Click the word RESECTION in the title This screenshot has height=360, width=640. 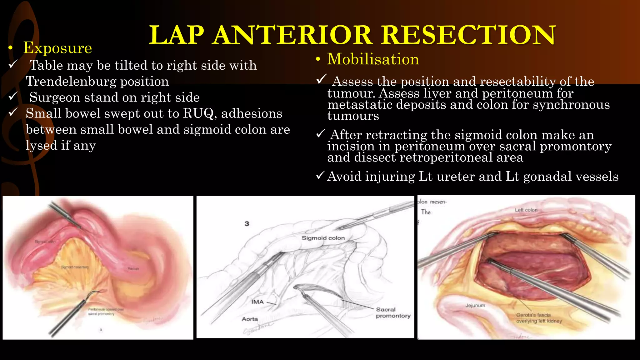click(x=468, y=35)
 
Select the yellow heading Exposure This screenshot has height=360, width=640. click(x=58, y=48)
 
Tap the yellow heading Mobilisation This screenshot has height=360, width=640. click(x=373, y=59)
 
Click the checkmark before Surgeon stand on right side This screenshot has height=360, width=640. click(x=13, y=97)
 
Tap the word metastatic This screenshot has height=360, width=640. click(x=360, y=105)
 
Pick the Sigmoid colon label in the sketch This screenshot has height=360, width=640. click(x=323, y=238)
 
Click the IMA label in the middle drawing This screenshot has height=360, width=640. click(x=257, y=302)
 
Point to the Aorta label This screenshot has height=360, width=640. click(x=250, y=319)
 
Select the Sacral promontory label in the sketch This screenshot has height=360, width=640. click(x=393, y=312)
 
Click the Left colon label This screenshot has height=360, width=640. click(x=526, y=210)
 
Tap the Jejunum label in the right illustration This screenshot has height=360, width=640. click(x=475, y=305)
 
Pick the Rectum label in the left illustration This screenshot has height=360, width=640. click(x=133, y=269)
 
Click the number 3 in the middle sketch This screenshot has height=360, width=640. click(x=247, y=224)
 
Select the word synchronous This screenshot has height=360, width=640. click(x=571, y=105)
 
